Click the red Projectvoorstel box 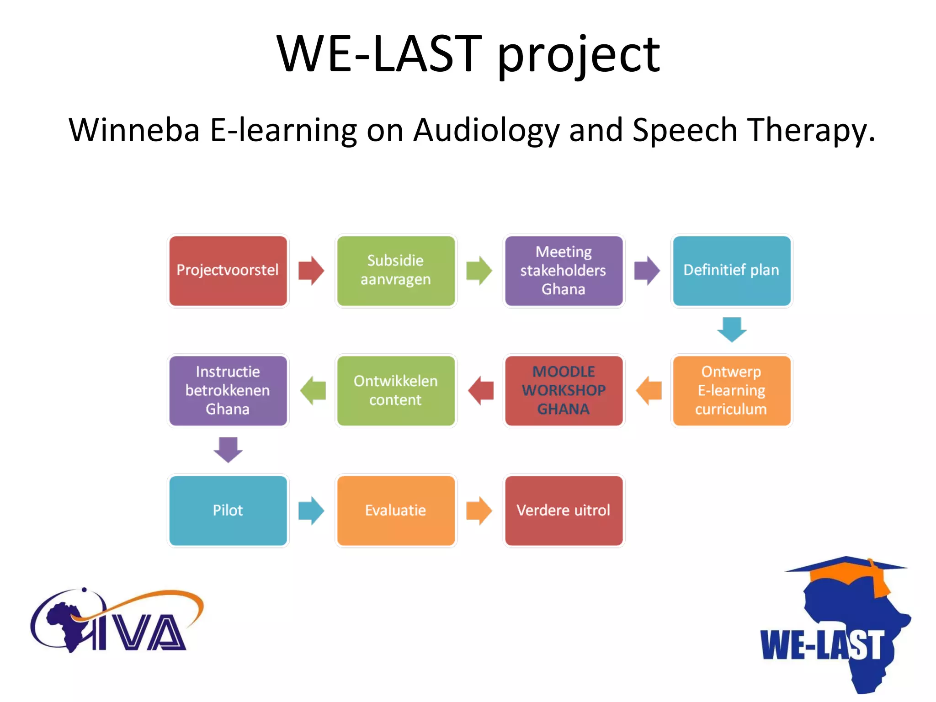tap(228, 271)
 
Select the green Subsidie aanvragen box tap(396, 271)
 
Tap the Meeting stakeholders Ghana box tap(564, 271)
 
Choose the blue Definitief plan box tap(731, 271)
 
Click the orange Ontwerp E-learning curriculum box tap(731, 391)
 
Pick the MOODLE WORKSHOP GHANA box tap(564, 391)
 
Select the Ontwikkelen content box tap(396, 391)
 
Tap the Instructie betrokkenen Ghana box tap(228, 391)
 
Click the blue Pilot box tap(228, 511)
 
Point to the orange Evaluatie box tap(396, 511)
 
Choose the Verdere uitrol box tap(564, 511)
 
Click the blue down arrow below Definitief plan tap(732, 330)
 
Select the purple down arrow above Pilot tap(228, 450)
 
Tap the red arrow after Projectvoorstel tap(311, 271)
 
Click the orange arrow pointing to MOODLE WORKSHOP tap(649, 391)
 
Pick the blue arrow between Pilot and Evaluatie tap(311, 511)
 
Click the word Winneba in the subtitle tap(134, 130)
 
